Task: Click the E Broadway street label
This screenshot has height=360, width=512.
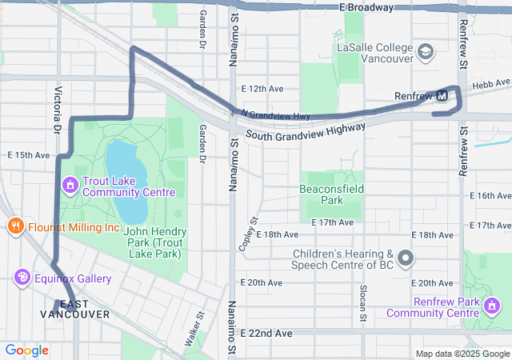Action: pyautogui.click(x=366, y=7)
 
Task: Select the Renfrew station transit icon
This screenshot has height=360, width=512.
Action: pyautogui.click(x=442, y=97)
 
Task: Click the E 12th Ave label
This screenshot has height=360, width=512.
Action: pyautogui.click(x=262, y=89)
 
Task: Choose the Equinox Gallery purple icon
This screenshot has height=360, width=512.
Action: pyautogui.click(x=22, y=277)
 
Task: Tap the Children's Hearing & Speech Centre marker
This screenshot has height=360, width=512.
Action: pyautogui.click(x=406, y=258)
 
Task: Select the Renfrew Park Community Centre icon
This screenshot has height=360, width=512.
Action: pyautogui.click(x=492, y=306)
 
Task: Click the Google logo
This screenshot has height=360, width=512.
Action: pyautogui.click(x=26, y=350)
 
